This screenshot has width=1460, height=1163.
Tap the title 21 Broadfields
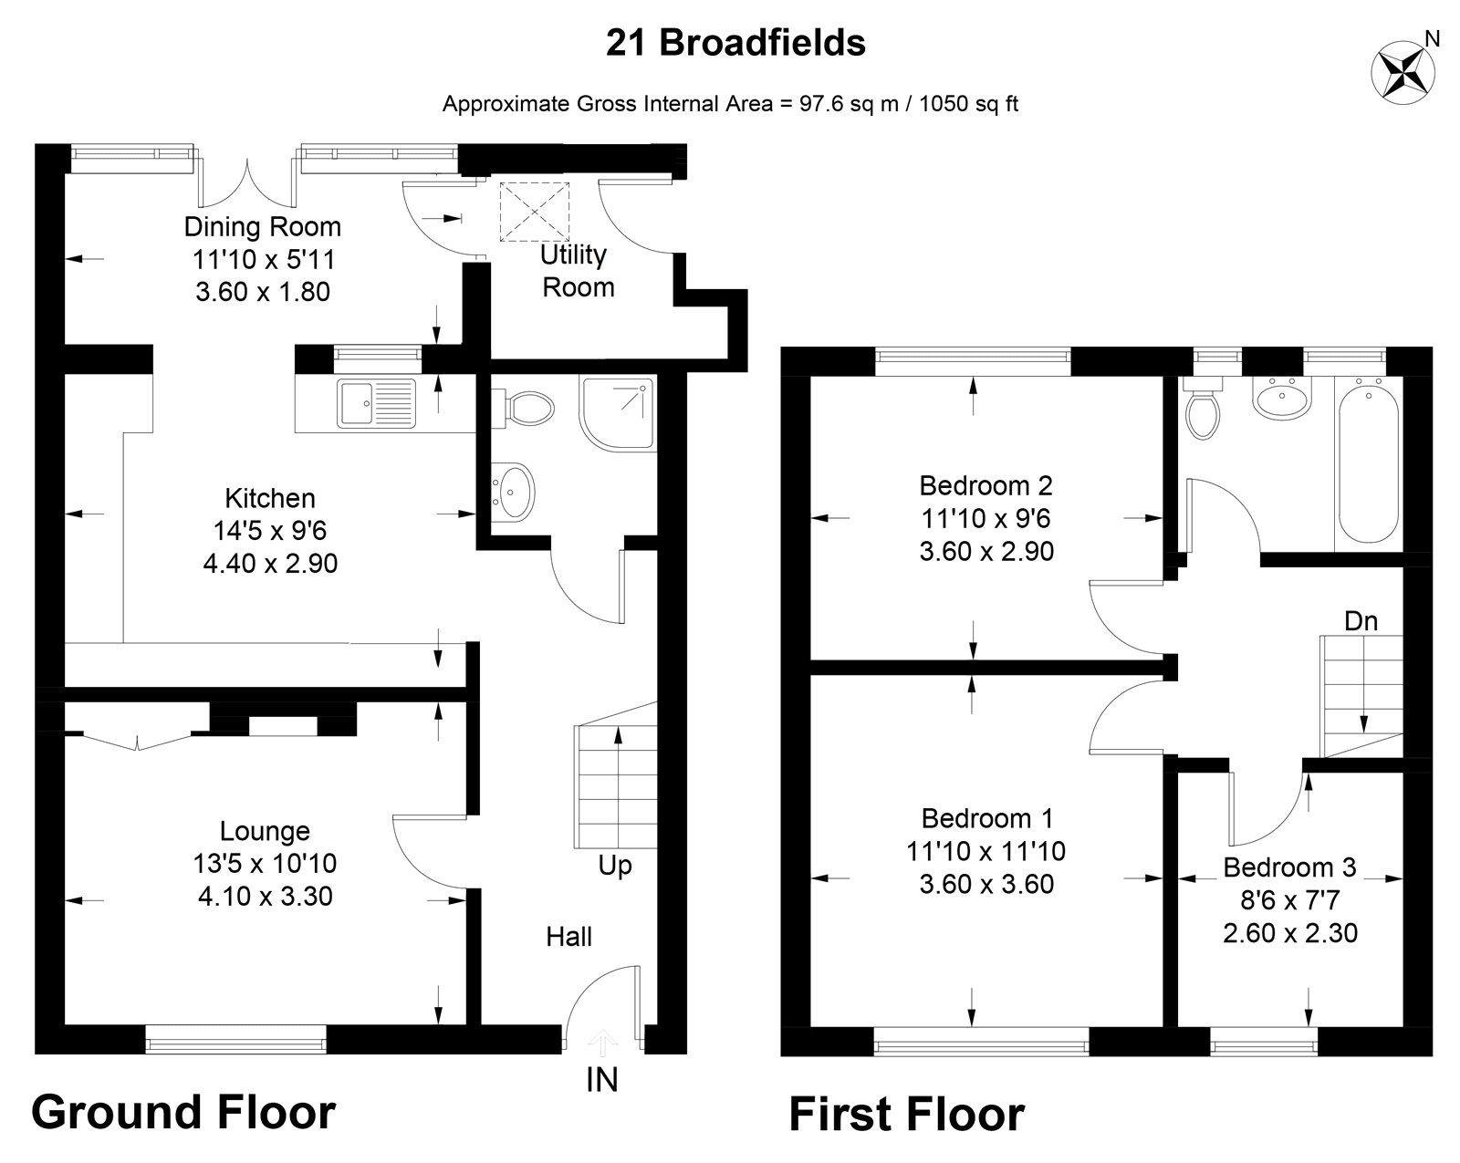coord(735,43)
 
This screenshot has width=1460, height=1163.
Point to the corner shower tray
coord(617,413)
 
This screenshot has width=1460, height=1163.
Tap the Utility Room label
coord(578,271)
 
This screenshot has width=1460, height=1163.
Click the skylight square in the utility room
coord(534,212)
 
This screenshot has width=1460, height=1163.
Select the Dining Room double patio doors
coord(247,182)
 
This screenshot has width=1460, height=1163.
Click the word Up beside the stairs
coord(614,864)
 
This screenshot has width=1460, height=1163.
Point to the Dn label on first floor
coord(1361,621)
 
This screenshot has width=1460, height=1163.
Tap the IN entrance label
coord(601,1080)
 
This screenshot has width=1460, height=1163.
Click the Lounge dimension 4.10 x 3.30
coord(265,897)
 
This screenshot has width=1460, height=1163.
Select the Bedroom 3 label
coord(1289,867)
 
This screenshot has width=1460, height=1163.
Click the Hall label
coord(568,936)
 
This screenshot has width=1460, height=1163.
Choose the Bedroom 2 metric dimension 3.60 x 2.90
coord(985,552)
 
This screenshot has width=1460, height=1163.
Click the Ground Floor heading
coord(183,1113)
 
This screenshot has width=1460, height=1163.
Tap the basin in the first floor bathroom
coord(1283,400)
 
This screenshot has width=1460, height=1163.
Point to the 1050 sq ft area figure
coord(968,104)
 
